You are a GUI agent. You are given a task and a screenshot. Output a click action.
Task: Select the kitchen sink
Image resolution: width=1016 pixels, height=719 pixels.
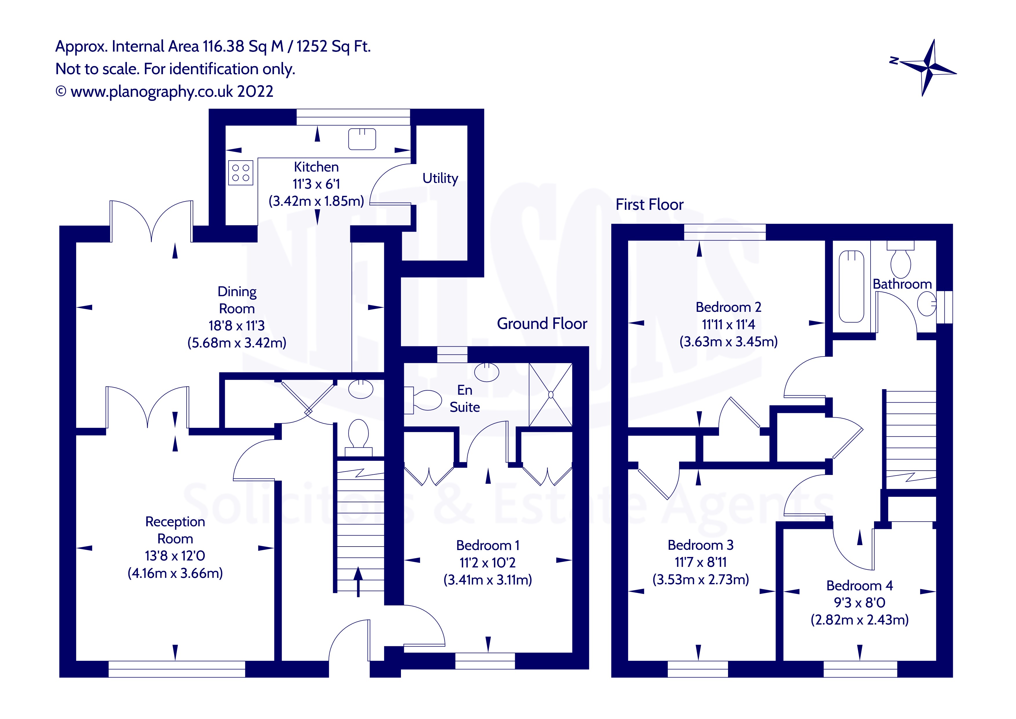(362, 139)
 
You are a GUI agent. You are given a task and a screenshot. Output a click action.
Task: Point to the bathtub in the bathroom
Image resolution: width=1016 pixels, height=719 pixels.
(851, 286)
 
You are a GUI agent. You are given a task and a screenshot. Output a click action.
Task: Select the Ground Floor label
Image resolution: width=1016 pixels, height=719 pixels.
(542, 324)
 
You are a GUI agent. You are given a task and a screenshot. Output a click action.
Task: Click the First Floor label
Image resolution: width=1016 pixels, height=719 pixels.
(649, 205)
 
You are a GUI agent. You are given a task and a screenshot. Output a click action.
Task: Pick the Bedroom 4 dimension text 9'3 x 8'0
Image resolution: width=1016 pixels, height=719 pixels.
(859, 602)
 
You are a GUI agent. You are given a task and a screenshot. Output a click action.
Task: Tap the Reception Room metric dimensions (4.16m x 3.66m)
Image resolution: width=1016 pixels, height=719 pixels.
(175, 573)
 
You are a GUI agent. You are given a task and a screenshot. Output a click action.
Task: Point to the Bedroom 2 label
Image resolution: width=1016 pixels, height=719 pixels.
(728, 307)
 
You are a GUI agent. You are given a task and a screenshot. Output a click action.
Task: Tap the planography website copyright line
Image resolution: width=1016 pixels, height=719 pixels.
(165, 92)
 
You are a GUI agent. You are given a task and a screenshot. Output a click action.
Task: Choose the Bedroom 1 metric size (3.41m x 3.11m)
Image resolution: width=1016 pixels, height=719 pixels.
(488, 580)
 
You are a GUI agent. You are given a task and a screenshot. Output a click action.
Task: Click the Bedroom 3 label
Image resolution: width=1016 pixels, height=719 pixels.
(701, 545)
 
